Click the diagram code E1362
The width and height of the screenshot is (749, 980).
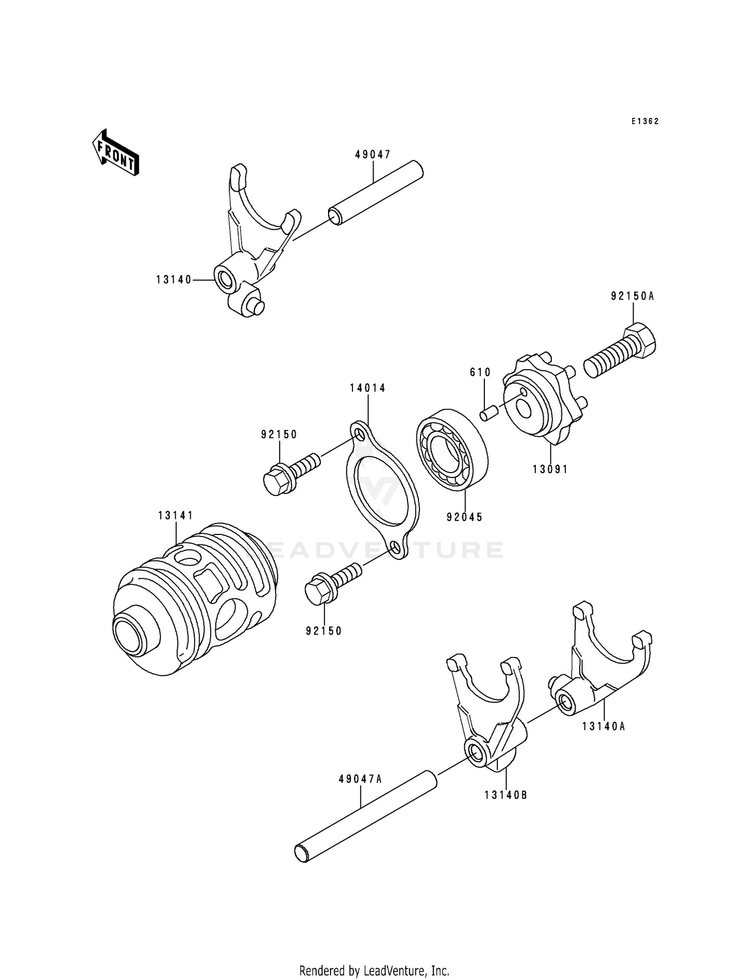pyautogui.click(x=645, y=121)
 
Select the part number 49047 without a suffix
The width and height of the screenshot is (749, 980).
pyautogui.click(x=373, y=155)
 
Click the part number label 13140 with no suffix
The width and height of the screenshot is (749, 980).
pyautogui.click(x=174, y=280)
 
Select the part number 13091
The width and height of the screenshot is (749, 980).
pyautogui.click(x=550, y=470)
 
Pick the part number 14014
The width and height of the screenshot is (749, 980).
pyautogui.click(x=368, y=388)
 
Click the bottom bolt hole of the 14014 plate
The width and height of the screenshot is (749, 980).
pyautogui.click(x=395, y=548)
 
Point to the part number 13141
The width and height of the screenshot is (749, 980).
pyautogui.click(x=176, y=515)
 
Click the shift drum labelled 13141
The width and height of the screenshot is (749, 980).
pyautogui.click(x=195, y=599)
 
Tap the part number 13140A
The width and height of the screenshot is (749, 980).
pyautogui.click(x=603, y=727)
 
